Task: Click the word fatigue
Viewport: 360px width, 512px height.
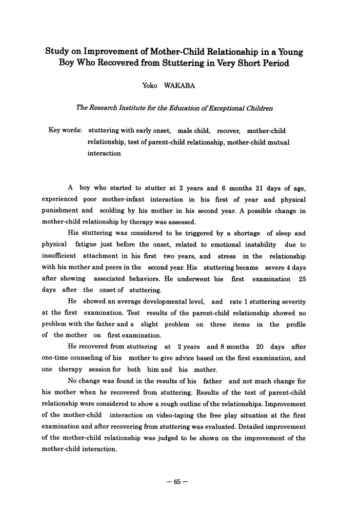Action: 93,244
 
